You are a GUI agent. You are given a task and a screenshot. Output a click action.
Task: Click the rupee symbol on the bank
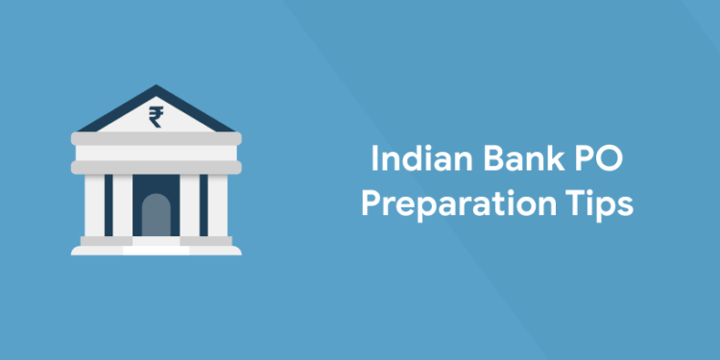(155, 117)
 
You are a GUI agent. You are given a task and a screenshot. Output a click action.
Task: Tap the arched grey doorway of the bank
(156, 215)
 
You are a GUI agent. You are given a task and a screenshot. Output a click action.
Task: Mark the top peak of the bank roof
(156, 88)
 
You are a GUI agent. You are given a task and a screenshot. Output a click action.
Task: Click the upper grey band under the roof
(156, 140)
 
